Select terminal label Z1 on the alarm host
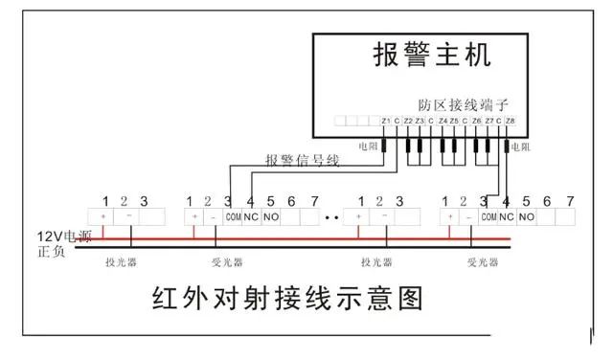point(385,122)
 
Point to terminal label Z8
point(510,122)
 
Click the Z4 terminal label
point(443,122)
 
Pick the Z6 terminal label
point(477,122)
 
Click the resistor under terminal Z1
point(385,146)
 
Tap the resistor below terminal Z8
point(508,146)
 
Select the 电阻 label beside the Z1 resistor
point(368,146)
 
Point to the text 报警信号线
point(302,160)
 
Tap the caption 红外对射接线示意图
point(286,299)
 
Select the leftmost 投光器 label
point(122,261)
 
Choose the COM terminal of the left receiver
point(232,217)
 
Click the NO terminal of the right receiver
point(526,217)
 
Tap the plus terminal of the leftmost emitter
point(102,217)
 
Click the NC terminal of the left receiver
point(251,217)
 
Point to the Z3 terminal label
point(420,122)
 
